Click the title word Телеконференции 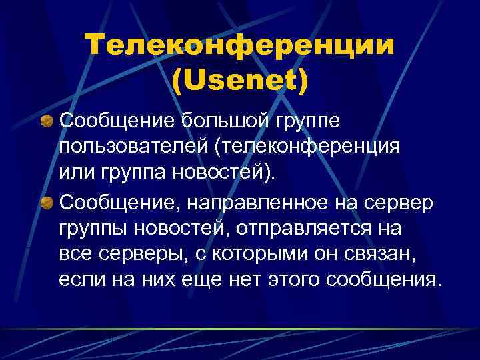239,46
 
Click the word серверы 128,254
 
